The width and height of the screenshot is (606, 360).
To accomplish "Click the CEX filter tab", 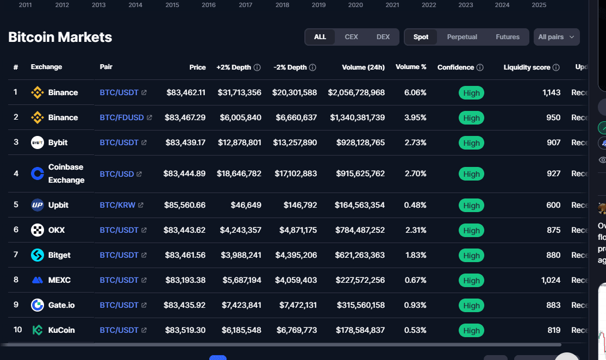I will [x=351, y=37].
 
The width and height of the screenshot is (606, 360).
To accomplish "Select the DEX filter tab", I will [x=383, y=37].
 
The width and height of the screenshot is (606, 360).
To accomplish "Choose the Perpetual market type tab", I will [x=462, y=37].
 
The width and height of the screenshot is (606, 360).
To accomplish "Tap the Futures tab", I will [x=508, y=37].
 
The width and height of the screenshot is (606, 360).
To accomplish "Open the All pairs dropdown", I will [x=556, y=37].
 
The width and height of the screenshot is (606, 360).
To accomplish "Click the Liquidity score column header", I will [x=527, y=67].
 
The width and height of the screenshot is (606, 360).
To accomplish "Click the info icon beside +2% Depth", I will [x=257, y=67].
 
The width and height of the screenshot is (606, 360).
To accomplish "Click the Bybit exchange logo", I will [x=38, y=142].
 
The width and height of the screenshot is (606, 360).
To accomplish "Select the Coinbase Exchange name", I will [x=66, y=173].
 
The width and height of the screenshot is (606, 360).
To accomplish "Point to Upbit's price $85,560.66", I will [x=185, y=205].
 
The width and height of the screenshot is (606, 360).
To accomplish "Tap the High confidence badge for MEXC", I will [x=471, y=281].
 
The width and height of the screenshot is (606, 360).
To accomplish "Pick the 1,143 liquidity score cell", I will [x=551, y=92].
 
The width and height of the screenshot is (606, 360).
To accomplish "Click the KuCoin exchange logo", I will [x=38, y=330].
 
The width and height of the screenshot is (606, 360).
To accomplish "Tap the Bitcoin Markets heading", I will [x=60, y=38].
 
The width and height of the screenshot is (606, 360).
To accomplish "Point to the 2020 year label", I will [x=355, y=5].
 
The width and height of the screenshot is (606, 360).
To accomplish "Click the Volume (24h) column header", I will [x=363, y=67].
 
